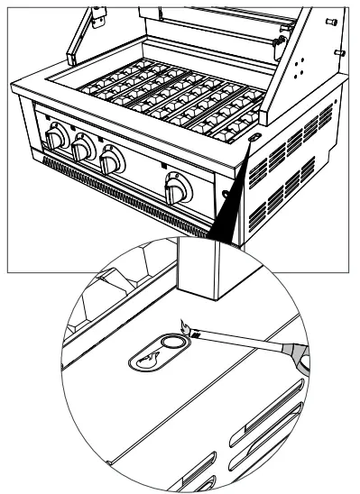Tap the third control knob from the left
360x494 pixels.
click(112, 163)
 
